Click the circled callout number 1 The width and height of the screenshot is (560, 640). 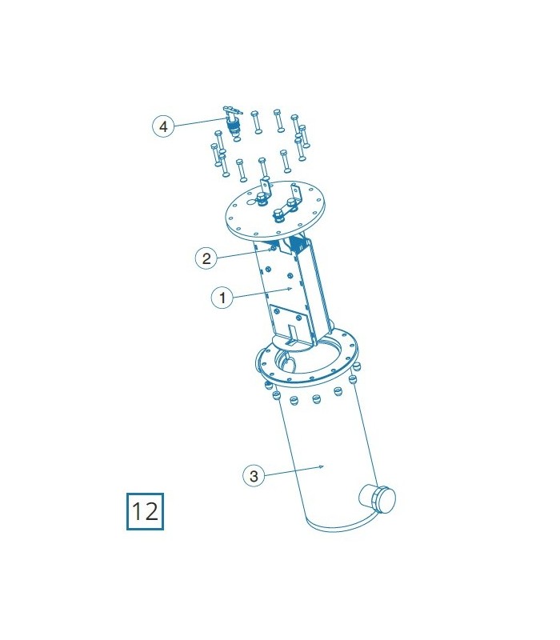(222, 297)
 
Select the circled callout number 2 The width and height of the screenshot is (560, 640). (206, 258)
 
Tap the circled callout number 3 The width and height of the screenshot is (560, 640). (254, 476)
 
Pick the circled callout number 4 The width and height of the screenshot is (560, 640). (163, 126)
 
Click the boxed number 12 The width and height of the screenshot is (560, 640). (145, 511)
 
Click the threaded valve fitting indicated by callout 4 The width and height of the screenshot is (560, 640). (234, 125)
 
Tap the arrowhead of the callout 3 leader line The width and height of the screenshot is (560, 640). (322, 466)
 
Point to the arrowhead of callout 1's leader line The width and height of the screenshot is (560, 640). (290, 289)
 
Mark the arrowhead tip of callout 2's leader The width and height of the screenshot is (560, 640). (272, 250)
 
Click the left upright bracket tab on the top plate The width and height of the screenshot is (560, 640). (266, 188)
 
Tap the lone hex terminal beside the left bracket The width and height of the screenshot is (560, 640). (261, 199)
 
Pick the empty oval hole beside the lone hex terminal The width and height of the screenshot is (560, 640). (250, 202)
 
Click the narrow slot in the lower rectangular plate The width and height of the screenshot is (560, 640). (293, 334)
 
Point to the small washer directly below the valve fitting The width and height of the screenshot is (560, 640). (237, 140)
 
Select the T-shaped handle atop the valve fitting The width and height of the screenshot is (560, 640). (233, 110)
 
